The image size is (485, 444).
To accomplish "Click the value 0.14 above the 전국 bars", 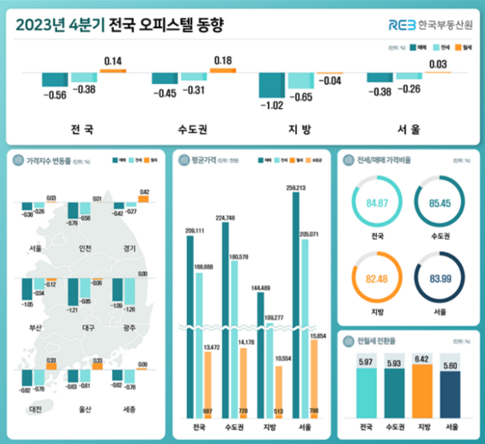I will [113, 62].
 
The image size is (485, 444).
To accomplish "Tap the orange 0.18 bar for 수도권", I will [223, 70].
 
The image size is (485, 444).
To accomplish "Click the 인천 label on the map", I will [86, 248].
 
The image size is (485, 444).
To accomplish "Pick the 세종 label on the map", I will [128, 410].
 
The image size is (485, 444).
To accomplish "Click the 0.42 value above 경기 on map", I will [144, 192].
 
